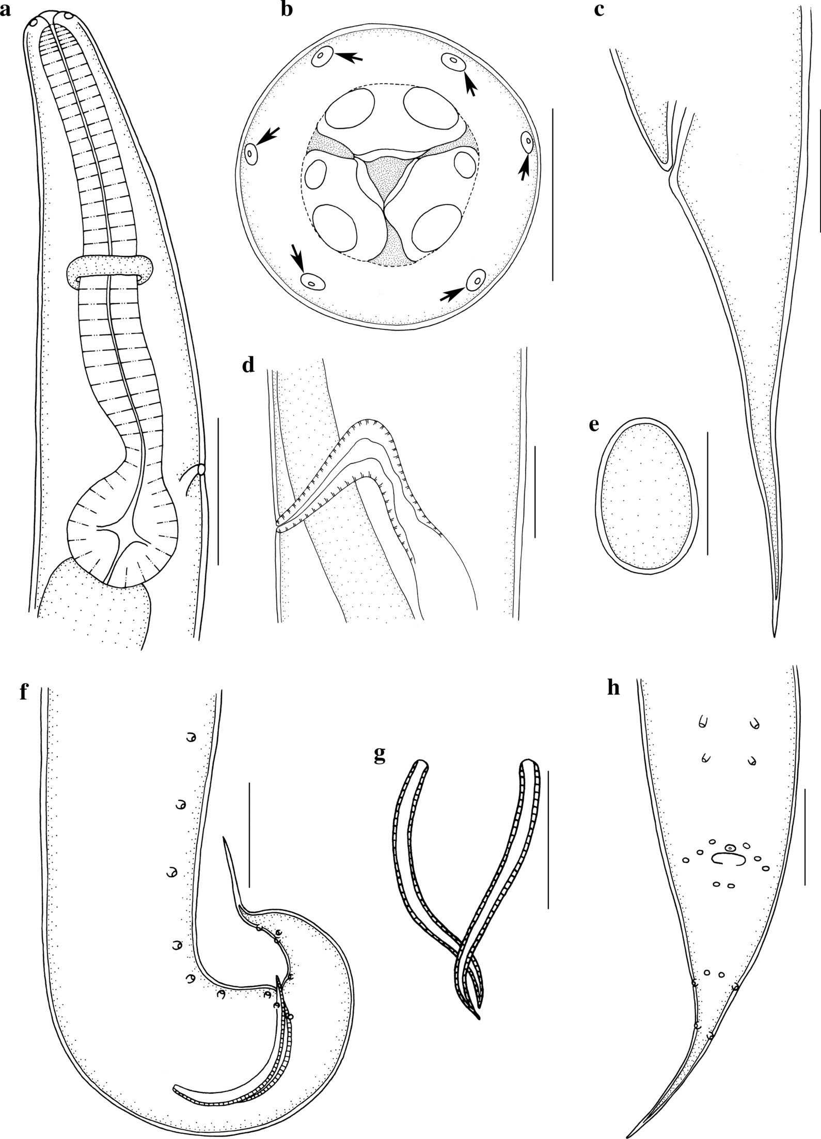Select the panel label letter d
coord(249,366)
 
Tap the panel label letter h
coord(613,689)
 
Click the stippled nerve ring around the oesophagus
coord(110,268)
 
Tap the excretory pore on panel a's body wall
coord(201,469)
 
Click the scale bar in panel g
coord(548,840)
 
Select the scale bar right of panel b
coord(552,194)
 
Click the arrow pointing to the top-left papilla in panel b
coord(350,57)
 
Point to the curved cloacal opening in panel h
coord(728,859)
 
